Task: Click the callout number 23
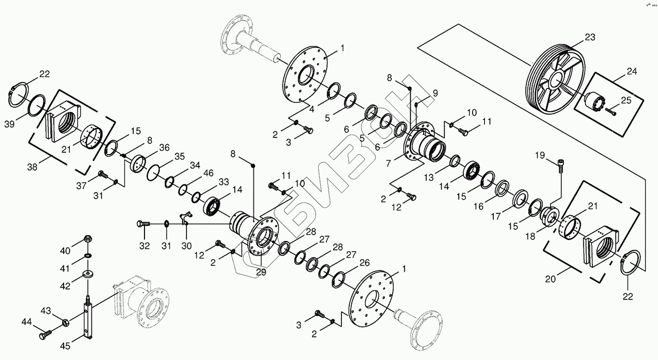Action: (x=589, y=37)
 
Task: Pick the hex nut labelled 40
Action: (x=87, y=239)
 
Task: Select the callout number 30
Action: (x=186, y=246)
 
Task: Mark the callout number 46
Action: (x=208, y=174)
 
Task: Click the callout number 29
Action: (x=261, y=273)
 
